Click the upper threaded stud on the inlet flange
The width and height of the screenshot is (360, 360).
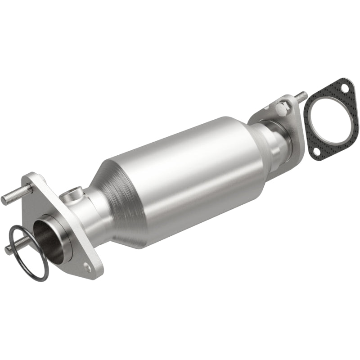[x=13, y=195]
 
